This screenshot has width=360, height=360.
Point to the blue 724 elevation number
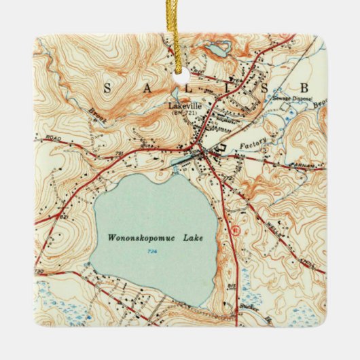coord(148,252)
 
